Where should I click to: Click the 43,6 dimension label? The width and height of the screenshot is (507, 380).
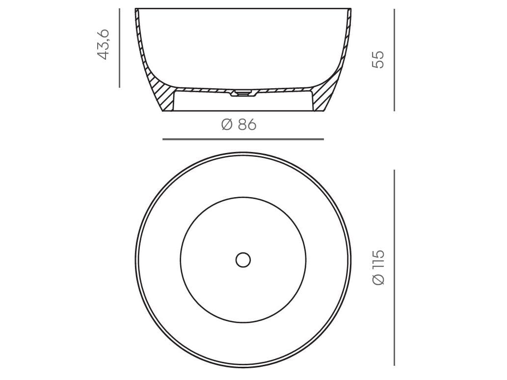104,44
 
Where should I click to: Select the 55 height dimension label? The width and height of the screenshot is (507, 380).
378,59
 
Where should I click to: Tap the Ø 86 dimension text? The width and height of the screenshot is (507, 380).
239,125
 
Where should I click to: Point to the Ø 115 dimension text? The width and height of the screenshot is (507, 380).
379,267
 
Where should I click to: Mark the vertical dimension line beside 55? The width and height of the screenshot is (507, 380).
394,60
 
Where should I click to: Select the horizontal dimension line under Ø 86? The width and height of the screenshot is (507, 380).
243,139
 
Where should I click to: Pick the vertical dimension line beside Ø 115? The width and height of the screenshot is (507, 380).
394,267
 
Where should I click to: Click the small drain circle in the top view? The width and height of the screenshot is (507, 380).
243,260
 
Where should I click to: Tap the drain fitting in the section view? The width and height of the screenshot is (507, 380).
242,92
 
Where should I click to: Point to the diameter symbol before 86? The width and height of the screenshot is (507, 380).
227,125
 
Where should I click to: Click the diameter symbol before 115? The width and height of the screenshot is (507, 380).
379,279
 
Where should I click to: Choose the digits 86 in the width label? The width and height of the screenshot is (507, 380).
247,125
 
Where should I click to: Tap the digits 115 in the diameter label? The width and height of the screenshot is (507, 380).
379,260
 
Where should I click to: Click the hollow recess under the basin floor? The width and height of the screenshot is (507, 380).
243,102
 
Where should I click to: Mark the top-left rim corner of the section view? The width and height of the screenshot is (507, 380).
136,9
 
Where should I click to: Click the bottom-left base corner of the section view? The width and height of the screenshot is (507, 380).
163,111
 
